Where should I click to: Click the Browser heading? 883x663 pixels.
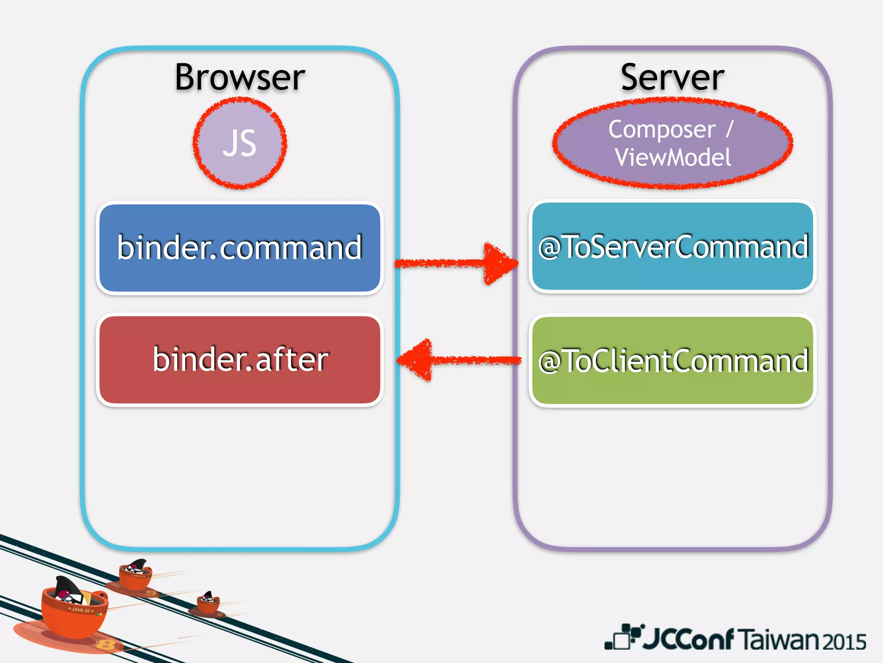click(x=240, y=78)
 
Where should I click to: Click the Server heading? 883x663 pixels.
click(x=672, y=78)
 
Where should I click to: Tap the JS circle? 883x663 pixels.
click(x=240, y=143)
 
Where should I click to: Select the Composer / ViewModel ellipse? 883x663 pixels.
click(x=673, y=143)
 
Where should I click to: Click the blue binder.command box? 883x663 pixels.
click(x=240, y=248)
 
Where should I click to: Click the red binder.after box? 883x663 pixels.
click(x=240, y=360)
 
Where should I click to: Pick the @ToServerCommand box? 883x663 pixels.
click(x=673, y=247)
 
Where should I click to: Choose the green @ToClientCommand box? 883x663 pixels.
click(x=673, y=361)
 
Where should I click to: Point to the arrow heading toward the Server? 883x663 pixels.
click(x=457, y=263)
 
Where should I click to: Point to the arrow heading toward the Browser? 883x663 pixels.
click(x=457, y=360)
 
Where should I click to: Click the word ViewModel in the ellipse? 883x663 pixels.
click(x=673, y=158)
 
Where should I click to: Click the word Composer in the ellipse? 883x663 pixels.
click(x=661, y=129)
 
